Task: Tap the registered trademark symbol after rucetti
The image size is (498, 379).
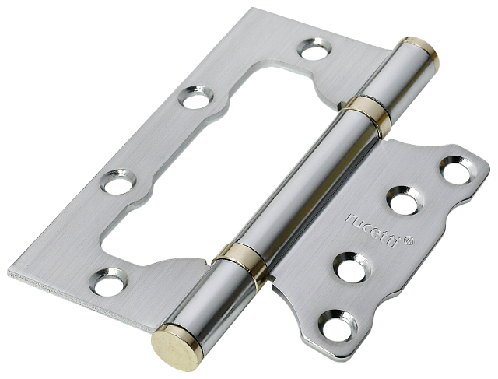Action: coord(409,240)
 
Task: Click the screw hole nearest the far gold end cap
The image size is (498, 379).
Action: coord(314,49)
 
